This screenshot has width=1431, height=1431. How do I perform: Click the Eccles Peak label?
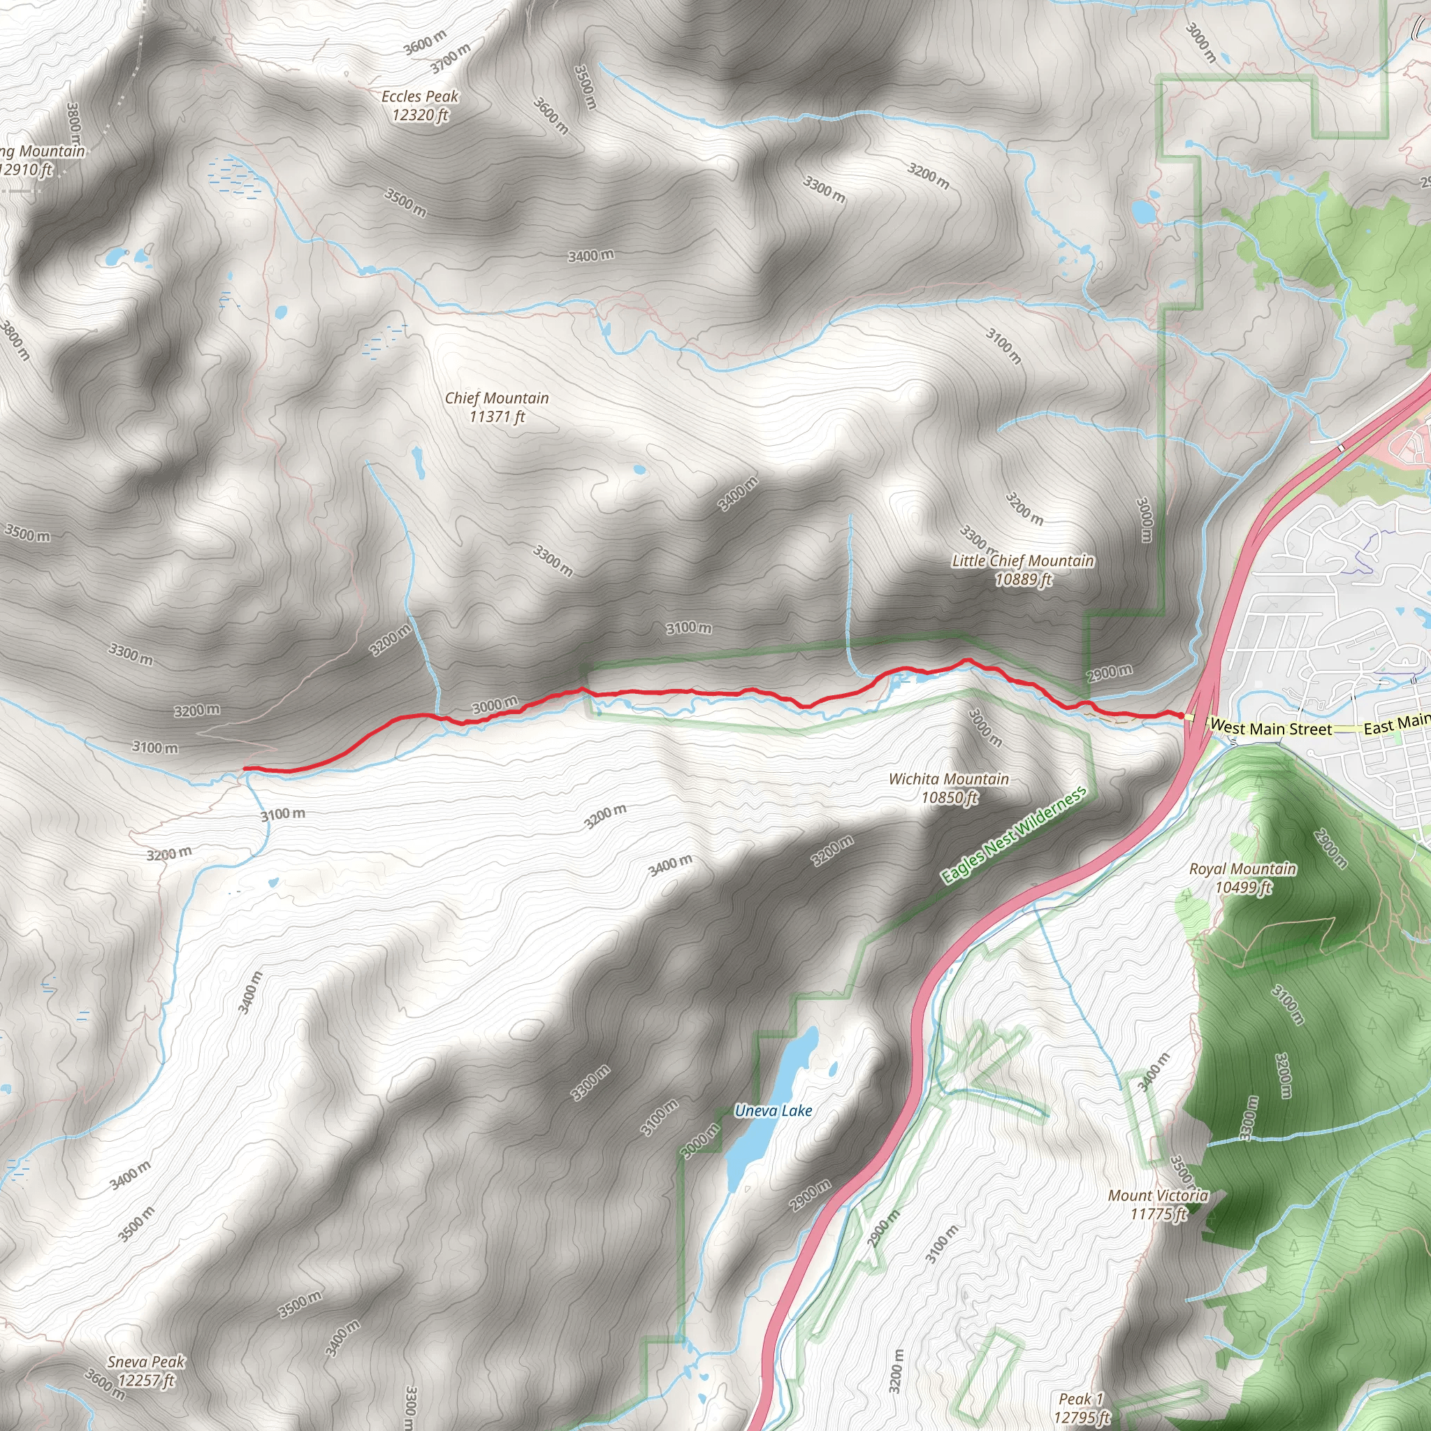(420, 96)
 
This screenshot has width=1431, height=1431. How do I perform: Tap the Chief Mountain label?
(497, 398)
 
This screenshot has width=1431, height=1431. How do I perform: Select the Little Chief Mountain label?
(1023, 560)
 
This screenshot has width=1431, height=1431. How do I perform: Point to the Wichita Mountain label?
(949, 778)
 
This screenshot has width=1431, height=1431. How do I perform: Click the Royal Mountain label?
(1243, 868)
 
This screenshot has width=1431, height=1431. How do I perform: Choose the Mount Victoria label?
(1158, 1195)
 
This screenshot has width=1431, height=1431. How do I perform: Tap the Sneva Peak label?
(146, 1361)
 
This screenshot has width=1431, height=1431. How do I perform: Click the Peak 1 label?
(1082, 1398)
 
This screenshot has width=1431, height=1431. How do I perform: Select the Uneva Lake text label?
(773, 1110)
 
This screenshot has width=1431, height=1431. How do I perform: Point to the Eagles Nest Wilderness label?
(1013, 835)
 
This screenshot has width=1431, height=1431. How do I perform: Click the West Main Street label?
(1271, 729)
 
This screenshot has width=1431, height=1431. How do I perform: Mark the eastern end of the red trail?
(1181, 714)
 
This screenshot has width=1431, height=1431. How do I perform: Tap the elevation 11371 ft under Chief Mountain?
(497, 417)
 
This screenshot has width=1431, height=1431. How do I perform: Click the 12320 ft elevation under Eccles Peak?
(420, 115)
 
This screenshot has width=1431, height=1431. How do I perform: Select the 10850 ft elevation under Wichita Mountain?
(950, 797)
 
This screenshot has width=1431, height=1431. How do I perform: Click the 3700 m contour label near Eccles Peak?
(451, 59)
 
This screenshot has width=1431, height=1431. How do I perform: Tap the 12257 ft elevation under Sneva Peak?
(146, 1380)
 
